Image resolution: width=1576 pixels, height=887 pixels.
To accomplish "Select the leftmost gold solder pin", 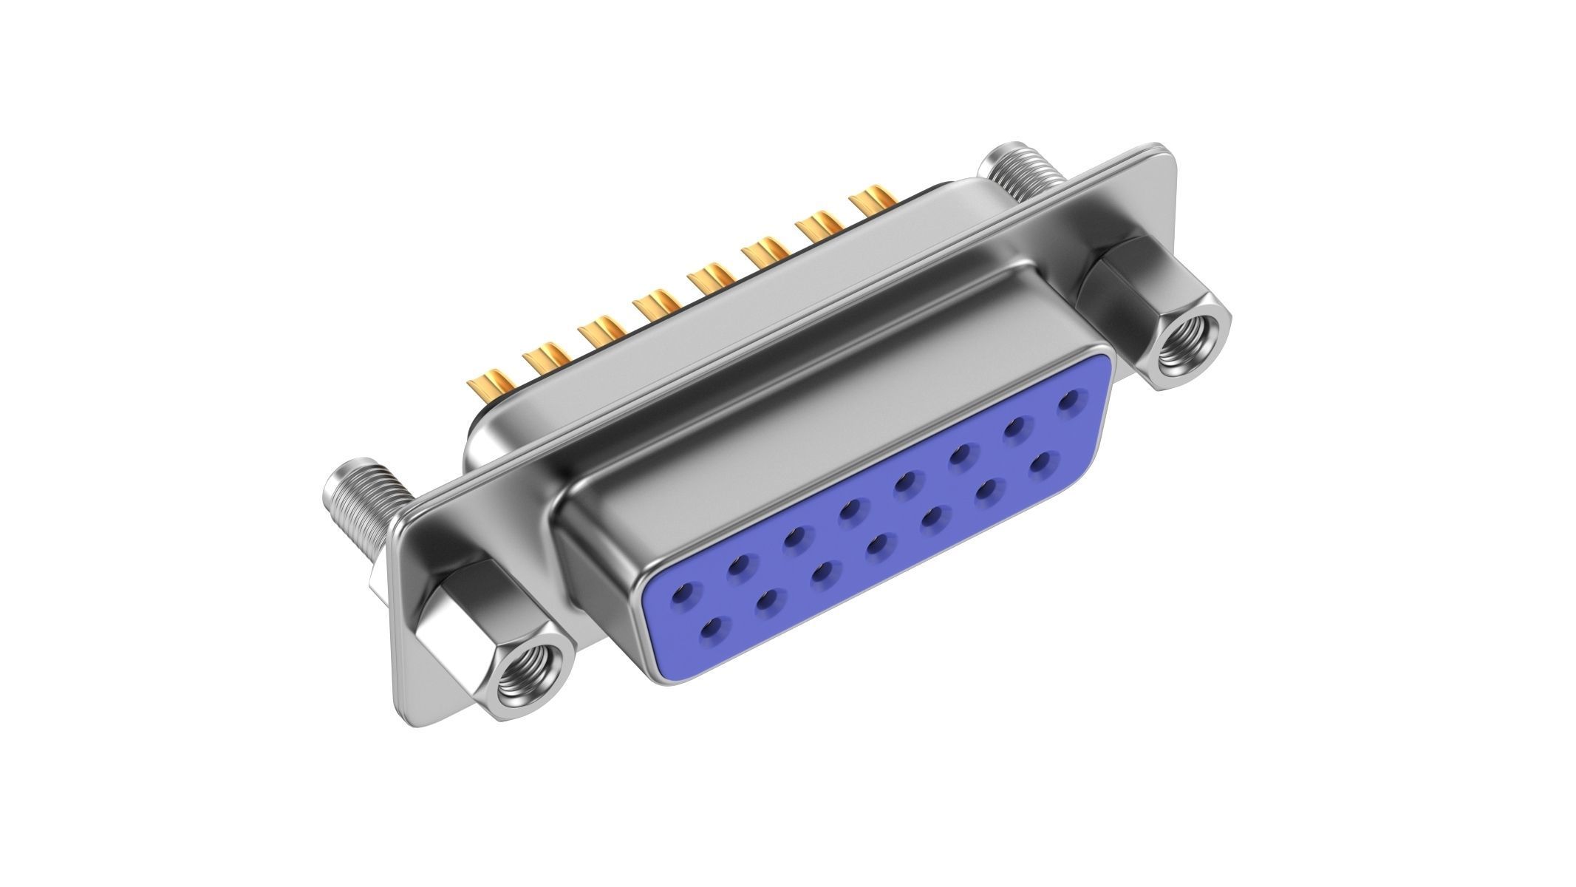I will [489, 387].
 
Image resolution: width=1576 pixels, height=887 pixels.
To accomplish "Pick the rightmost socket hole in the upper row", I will [1068, 403].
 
